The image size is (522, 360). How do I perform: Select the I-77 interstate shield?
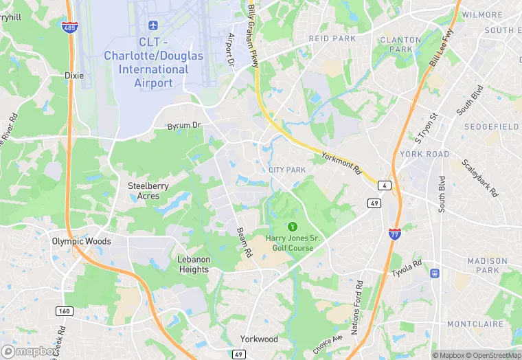(x=395, y=234)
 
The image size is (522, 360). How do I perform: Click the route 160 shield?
(x=64, y=311)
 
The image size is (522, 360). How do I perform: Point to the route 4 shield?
(x=385, y=185)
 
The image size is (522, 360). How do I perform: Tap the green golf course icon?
(x=293, y=226)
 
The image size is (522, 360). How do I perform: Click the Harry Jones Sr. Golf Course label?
(x=293, y=243)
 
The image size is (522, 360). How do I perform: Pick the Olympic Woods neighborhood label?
(x=82, y=241)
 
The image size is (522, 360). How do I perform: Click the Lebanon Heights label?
(x=193, y=265)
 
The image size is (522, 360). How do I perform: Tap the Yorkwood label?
(x=259, y=339)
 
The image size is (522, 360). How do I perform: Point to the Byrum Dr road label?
(x=185, y=126)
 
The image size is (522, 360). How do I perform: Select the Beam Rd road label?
(x=244, y=243)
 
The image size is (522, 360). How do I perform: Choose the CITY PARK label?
(x=286, y=170)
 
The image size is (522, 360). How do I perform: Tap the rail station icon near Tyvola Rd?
(x=435, y=273)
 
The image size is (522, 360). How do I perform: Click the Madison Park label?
(x=487, y=265)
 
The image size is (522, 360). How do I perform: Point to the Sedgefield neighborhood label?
(x=491, y=127)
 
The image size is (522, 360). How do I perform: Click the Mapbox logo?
(x=30, y=352)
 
